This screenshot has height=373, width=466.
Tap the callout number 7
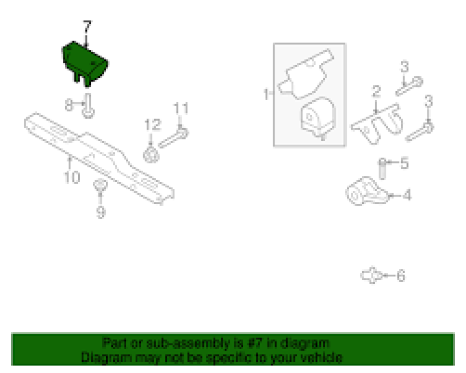(87, 27)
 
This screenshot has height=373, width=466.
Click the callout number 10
(72, 177)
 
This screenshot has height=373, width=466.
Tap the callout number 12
(152, 125)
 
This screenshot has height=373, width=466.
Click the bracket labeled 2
(377, 124)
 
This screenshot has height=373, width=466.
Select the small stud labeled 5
(383, 168)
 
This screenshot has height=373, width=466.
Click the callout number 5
(404, 164)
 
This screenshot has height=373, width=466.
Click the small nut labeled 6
(371, 276)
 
